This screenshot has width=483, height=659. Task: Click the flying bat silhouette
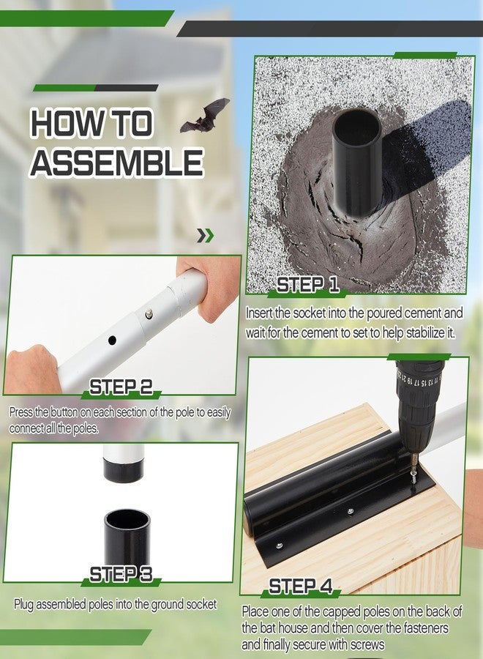pos(205,116)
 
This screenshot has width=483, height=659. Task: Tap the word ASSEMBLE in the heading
pos(117,163)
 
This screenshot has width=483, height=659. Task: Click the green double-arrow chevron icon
pos(206,236)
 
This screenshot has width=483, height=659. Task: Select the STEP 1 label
pos(308,285)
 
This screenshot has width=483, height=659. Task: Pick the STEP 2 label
pos(121,387)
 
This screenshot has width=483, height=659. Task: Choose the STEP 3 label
pos(121,574)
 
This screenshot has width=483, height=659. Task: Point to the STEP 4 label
pos(300,587)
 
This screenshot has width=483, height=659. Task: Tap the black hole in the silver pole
pos(112,340)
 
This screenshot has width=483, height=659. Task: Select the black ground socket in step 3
pos(127,537)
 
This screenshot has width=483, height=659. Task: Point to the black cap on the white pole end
pos(124,472)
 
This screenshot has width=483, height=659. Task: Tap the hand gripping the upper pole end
pos(209,286)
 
